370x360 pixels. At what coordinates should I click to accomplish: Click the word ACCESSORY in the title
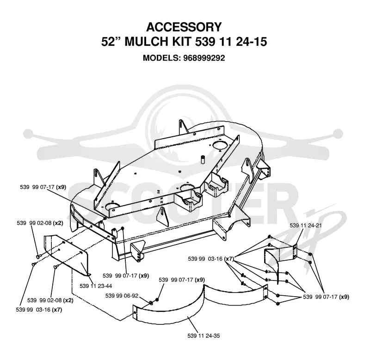point(184,27)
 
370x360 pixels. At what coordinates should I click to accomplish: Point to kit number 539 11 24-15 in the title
point(231,42)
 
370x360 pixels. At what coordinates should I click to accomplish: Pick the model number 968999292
point(204,58)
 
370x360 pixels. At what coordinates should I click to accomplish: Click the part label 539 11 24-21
point(306,226)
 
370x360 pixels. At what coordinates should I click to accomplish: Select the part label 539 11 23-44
point(96,286)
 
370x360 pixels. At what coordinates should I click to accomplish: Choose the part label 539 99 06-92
point(122,296)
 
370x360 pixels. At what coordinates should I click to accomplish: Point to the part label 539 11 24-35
point(203,336)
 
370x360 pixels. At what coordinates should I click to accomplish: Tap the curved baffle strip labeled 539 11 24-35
point(170,314)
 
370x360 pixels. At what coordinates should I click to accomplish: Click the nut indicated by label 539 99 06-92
point(150,302)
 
